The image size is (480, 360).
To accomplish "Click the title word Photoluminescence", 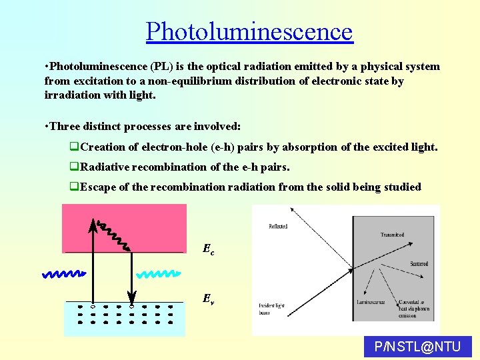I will pos(249,31).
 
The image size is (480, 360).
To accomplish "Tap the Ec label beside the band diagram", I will pos(209,249).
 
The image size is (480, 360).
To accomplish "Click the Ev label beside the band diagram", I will pos(209,299).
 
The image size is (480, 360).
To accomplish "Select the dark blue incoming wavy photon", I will pos(64,273).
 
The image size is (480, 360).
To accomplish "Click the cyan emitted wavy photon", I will pos(159,274).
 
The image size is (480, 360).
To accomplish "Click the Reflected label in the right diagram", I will pos(277,227).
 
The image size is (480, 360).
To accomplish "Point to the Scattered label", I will pos(419,263).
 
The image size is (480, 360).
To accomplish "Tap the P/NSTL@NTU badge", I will pos(418,347).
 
